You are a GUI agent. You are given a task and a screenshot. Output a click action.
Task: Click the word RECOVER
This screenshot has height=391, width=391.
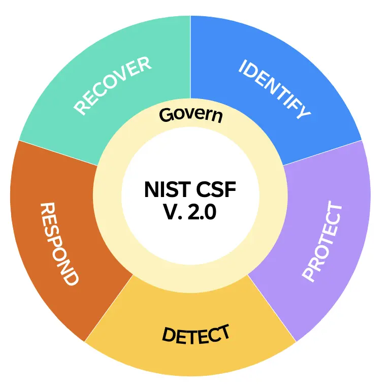[113, 86]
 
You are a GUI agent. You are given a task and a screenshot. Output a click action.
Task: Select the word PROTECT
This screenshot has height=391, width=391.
[323, 241]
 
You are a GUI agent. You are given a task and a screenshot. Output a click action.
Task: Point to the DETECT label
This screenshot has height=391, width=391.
[195, 334]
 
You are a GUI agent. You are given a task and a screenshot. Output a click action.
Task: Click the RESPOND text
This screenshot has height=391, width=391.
[59, 244]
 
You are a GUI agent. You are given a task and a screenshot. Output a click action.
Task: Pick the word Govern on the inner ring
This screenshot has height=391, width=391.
[191, 115]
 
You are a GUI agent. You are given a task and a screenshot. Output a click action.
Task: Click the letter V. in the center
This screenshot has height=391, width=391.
[172, 213]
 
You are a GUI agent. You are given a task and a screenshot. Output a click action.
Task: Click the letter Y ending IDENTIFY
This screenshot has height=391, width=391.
[303, 112]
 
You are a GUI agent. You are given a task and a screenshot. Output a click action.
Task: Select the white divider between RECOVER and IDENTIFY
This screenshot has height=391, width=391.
[190, 56]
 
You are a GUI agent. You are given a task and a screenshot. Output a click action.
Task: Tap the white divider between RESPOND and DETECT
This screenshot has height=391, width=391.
[109, 308]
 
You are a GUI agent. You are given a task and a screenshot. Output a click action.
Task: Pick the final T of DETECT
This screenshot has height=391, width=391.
[223, 332]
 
